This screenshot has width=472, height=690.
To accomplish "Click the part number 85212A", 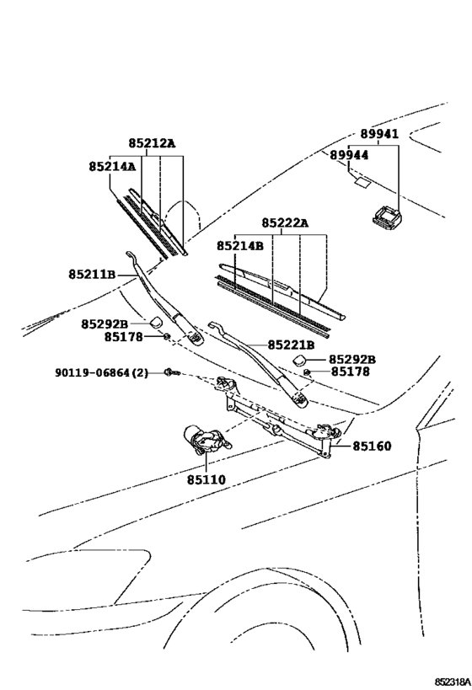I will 152,144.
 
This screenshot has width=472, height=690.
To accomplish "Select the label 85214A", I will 111,167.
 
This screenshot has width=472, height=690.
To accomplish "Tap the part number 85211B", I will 92,274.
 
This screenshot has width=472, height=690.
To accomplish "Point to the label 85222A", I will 284,222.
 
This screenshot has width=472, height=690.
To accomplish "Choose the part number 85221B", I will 291,345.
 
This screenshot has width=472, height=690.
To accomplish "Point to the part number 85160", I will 372,446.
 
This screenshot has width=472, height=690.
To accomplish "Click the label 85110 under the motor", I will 206,479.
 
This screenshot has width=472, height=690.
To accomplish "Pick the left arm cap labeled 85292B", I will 156,323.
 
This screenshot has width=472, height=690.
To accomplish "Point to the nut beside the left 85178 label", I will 166,337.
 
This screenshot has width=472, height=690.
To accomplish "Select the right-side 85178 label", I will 349,371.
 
